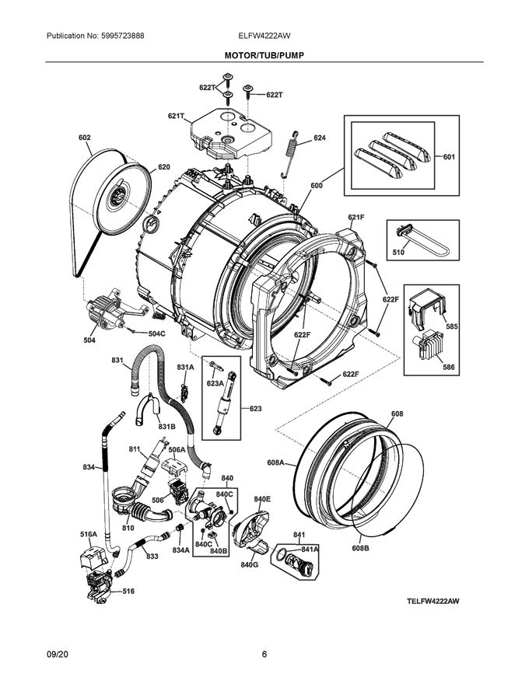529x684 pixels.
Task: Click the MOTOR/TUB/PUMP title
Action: pyautogui.click(x=264, y=56)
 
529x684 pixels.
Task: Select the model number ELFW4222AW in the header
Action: pyautogui.click(x=264, y=37)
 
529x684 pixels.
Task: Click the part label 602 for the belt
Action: pyautogui.click(x=85, y=138)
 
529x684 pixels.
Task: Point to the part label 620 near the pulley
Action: pyautogui.click(x=163, y=167)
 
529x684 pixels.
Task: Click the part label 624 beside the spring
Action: pyautogui.click(x=319, y=138)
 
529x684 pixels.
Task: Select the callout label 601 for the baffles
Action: pyautogui.click(x=449, y=158)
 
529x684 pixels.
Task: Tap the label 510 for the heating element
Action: pyautogui.click(x=398, y=252)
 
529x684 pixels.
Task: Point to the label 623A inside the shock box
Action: pyautogui.click(x=215, y=382)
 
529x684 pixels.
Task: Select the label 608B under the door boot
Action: pyautogui.click(x=360, y=548)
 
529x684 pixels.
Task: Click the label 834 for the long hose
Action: pyautogui.click(x=89, y=467)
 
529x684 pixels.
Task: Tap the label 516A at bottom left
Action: pyautogui.click(x=89, y=534)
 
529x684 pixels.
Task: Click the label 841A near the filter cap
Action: pyautogui.click(x=310, y=550)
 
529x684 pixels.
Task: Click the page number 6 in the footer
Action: pyautogui.click(x=264, y=654)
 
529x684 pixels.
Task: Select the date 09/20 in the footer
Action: pyautogui.click(x=58, y=654)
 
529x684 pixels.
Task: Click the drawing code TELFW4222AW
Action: pyautogui.click(x=440, y=602)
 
